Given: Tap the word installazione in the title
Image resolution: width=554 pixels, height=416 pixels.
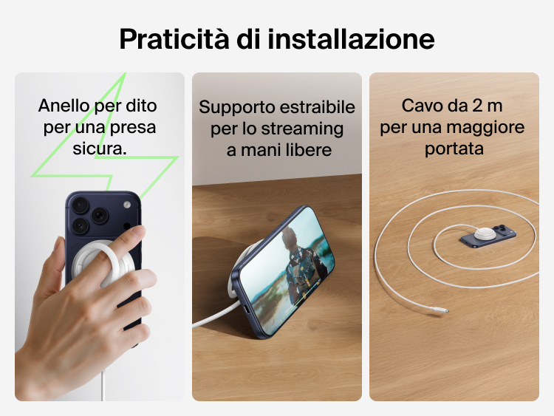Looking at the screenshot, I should point(351,39).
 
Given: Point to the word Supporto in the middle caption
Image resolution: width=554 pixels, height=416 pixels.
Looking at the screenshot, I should point(233,108).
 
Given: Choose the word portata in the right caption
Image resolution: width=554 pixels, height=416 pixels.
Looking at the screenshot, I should point(454,149).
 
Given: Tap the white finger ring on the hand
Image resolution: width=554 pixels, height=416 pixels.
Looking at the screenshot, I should point(118,255).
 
